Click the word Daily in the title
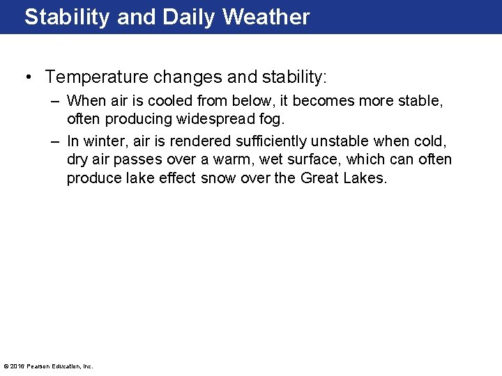186,17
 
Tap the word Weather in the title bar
266,17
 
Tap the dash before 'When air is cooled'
54,102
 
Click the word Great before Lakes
320,178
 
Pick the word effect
176,178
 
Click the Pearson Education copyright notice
48,366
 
